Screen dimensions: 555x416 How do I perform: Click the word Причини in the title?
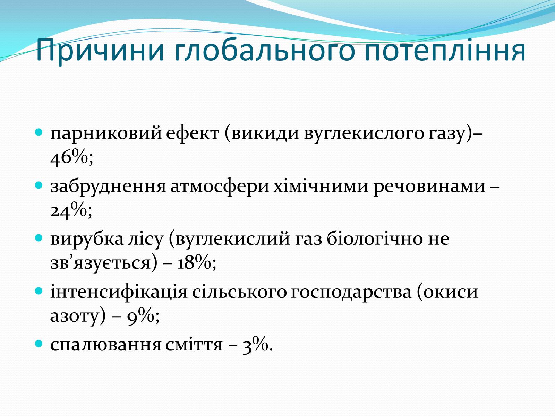[x=100, y=50]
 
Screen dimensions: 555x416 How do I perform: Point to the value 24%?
[x=71, y=210]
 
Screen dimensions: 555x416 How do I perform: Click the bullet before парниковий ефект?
[x=39, y=132]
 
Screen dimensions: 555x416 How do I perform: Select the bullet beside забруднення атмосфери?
[x=39, y=185]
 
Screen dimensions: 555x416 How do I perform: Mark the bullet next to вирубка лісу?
[x=39, y=238]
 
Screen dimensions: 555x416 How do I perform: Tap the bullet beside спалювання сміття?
[x=39, y=344]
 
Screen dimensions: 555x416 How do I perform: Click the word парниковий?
[x=106, y=134]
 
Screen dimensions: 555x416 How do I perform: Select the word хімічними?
[x=321, y=186]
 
